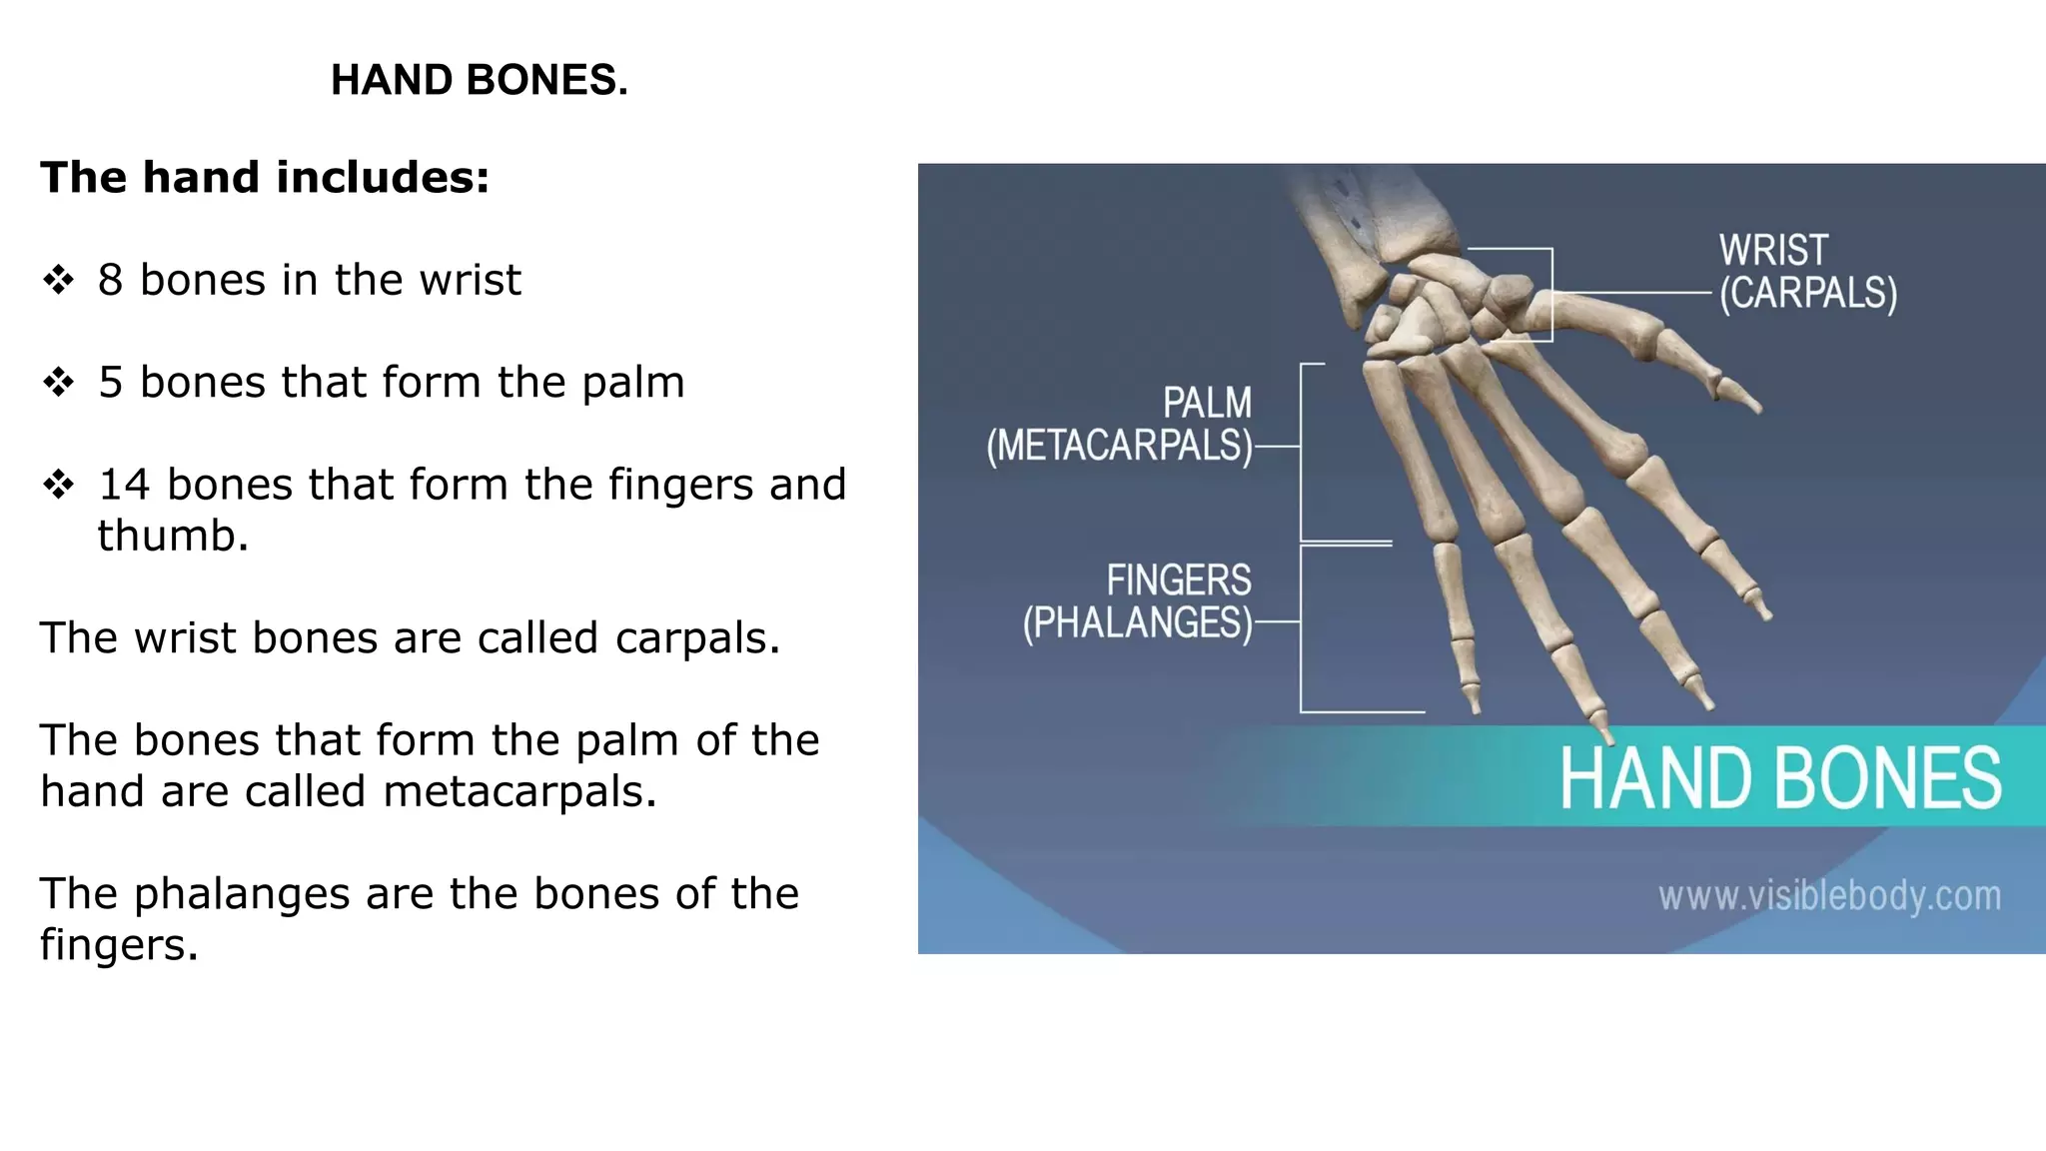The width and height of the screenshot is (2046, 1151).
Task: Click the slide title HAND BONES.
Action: [x=480, y=80]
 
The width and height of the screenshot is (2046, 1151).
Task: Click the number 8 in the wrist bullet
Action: [x=110, y=280]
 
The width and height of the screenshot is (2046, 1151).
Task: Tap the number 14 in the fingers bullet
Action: [x=124, y=485]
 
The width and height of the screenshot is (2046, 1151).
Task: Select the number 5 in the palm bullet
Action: [x=110, y=383]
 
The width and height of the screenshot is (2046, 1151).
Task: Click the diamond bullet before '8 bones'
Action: [x=59, y=280]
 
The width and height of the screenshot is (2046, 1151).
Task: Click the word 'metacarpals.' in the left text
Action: [x=519, y=792]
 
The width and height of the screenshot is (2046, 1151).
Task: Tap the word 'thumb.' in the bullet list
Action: [x=172, y=537]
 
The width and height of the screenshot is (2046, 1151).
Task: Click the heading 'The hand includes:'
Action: [x=265, y=178]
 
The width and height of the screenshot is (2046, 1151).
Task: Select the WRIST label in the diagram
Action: [x=1773, y=250]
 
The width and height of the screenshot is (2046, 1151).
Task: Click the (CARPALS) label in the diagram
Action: [x=1807, y=294]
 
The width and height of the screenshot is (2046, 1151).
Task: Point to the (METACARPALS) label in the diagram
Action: [x=1119, y=446]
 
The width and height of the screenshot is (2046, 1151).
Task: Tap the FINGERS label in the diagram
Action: [x=1178, y=580]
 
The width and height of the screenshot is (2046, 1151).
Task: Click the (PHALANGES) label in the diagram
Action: [x=1137, y=623]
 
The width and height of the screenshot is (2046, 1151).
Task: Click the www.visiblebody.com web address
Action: [x=1829, y=896]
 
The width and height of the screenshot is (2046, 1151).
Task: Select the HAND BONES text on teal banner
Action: [x=1780, y=778]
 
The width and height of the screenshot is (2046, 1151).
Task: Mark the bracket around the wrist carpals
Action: [x=1551, y=295]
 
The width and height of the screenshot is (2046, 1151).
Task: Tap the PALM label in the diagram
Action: [x=1207, y=404]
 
